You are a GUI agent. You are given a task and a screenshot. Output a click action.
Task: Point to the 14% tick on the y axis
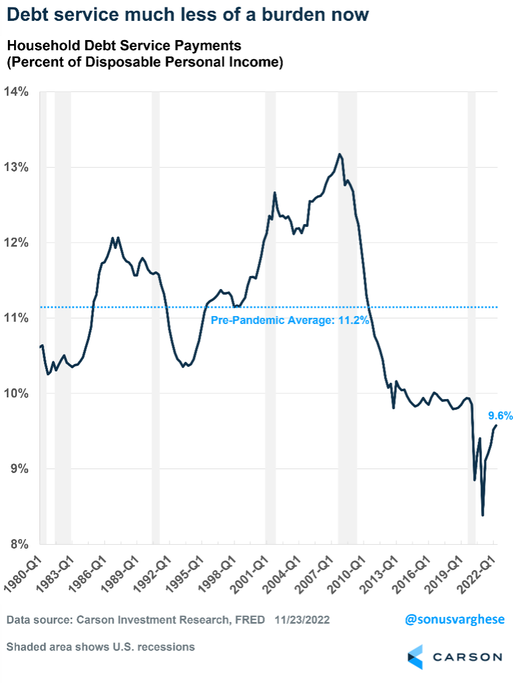pyautogui.click(x=17, y=91)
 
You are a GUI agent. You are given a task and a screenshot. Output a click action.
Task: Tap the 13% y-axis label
pyautogui.click(x=17, y=167)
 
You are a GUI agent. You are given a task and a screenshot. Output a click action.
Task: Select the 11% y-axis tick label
pyautogui.click(x=17, y=318)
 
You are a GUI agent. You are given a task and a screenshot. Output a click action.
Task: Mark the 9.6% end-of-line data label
pyautogui.click(x=501, y=416)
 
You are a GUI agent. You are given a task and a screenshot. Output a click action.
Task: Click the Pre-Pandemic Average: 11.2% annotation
pyautogui.click(x=289, y=321)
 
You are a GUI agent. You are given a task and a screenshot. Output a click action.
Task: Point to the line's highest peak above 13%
pyautogui.click(x=339, y=154)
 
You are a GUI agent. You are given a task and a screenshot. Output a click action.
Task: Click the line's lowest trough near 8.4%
pyautogui.click(x=482, y=514)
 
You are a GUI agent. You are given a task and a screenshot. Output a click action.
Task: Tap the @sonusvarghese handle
pyautogui.click(x=455, y=619)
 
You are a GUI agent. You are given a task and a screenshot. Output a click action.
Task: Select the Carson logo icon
pyautogui.click(x=416, y=657)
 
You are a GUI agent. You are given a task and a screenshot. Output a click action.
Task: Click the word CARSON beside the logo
pyautogui.click(x=467, y=658)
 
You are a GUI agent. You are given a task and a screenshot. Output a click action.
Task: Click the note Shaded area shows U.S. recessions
pyautogui.click(x=100, y=647)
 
